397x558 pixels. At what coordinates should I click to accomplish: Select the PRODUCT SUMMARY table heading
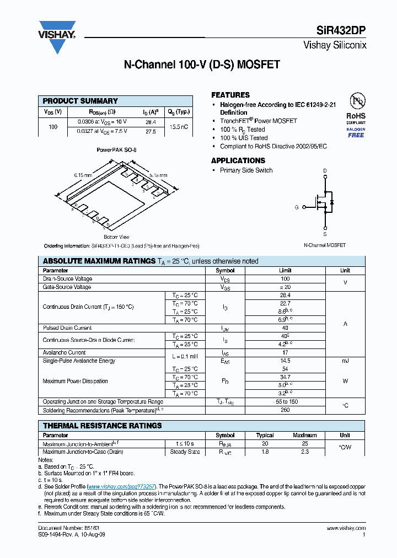click(x=81, y=101)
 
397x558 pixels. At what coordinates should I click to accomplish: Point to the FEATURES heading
click(x=230, y=95)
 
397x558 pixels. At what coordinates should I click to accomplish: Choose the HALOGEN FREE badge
click(x=356, y=132)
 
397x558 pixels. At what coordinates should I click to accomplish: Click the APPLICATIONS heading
click(x=238, y=160)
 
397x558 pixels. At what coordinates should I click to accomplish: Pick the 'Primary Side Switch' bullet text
click(x=246, y=170)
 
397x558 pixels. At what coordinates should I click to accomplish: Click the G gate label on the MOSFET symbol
click(x=297, y=207)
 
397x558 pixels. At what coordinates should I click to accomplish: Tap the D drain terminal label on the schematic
click(x=325, y=170)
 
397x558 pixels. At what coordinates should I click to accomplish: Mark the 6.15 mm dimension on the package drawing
click(x=82, y=175)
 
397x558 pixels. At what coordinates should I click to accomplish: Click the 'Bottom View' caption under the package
click(x=116, y=236)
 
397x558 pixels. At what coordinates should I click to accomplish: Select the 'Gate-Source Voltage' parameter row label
click(x=67, y=287)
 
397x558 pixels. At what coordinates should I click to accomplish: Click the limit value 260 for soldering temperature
click(x=285, y=410)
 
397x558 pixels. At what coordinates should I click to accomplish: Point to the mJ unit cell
click(x=345, y=361)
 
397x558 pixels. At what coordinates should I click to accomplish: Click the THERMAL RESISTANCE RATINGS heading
click(x=103, y=426)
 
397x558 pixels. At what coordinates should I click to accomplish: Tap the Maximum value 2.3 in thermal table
click(x=304, y=452)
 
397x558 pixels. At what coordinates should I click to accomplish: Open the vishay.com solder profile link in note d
click(x=121, y=486)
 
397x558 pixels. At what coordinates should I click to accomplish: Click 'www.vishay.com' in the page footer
click(x=348, y=528)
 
